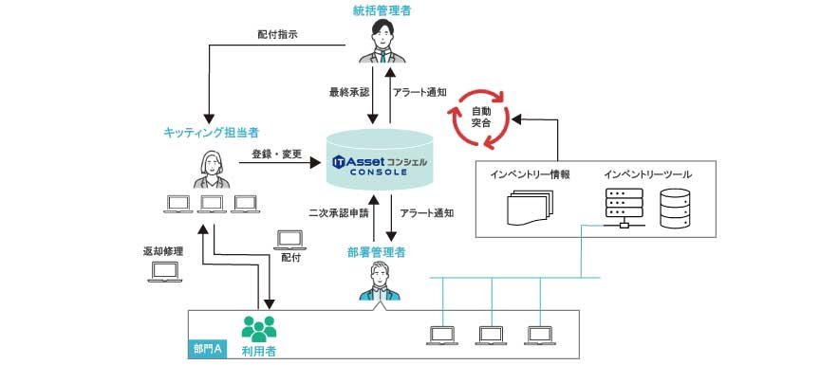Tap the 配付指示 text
click(x=277, y=34)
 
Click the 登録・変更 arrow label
click(x=276, y=153)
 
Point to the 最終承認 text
click(x=346, y=92)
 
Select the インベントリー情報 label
click(x=530, y=173)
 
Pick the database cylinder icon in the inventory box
click(x=676, y=210)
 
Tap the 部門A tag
click(x=207, y=349)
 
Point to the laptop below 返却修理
click(x=165, y=274)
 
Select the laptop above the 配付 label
click(x=289, y=238)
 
